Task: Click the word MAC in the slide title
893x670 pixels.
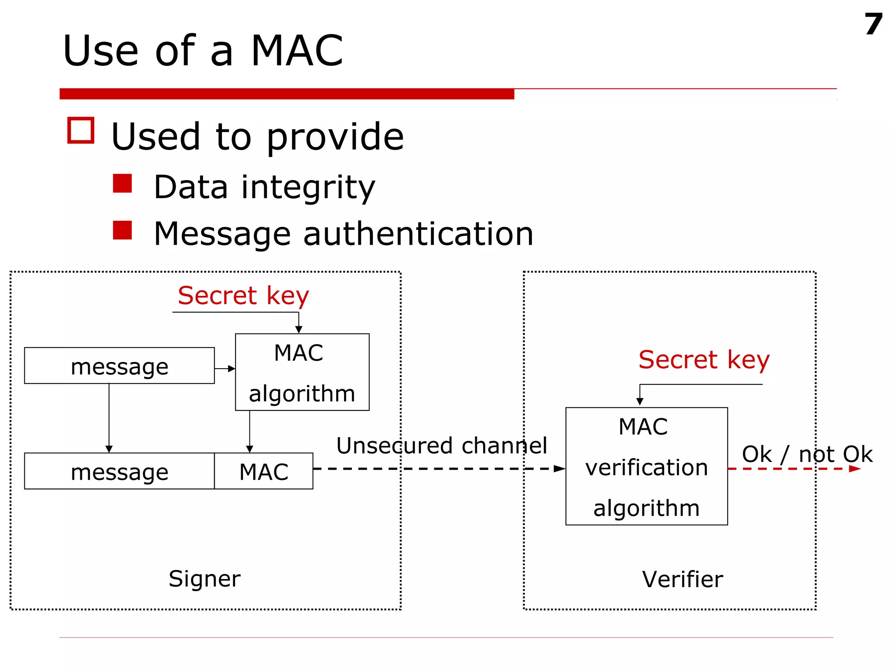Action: [x=297, y=51]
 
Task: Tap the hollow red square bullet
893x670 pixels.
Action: [x=81, y=130]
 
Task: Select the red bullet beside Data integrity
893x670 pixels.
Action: [x=122, y=184]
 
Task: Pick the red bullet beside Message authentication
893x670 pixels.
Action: [x=122, y=230]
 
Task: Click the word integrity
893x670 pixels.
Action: [x=308, y=188]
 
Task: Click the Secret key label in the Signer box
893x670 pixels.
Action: [x=243, y=296]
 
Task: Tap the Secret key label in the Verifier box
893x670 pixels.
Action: [x=704, y=360]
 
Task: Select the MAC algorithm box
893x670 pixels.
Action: [x=302, y=372]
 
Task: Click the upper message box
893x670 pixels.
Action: [x=119, y=366]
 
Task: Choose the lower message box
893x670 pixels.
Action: [x=119, y=471]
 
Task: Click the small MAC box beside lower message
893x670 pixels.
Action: [x=263, y=471]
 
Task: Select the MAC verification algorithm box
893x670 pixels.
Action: [x=646, y=466]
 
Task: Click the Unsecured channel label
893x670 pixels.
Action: [x=441, y=445]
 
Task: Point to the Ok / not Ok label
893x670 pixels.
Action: [x=807, y=454]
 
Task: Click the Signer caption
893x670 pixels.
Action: [x=204, y=579]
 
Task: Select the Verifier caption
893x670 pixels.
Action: [x=682, y=579]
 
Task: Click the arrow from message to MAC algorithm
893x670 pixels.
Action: [x=225, y=369]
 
